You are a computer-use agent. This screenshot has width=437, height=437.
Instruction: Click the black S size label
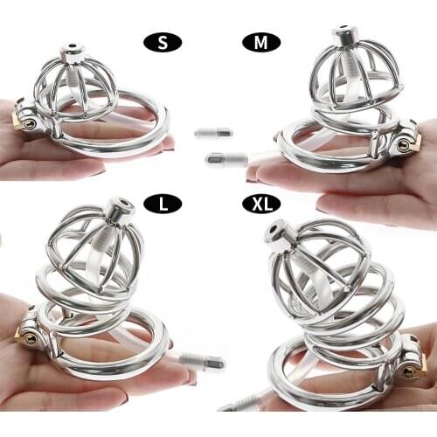tap(163, 41)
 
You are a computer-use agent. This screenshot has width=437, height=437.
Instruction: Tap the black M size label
tap(260, 41)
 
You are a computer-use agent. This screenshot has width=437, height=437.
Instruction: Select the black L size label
tap(163, 204)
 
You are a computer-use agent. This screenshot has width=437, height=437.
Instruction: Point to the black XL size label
tap(260, 204)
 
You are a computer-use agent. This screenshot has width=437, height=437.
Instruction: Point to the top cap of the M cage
tap(344, 39)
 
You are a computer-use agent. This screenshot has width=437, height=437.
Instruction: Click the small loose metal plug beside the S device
tap(212, 132)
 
